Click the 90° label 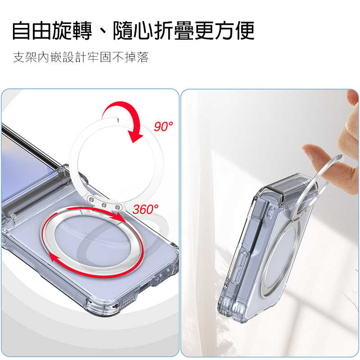coord(163,127)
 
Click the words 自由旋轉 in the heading coord(52,31)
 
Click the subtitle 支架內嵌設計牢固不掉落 coord(81,58)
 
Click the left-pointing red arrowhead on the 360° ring coord(54,257)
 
